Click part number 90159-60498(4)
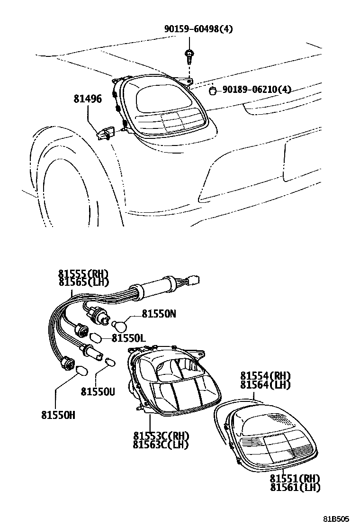coord(198,29)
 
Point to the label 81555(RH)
coord(84,274)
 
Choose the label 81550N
coord(159,314)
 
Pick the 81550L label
coord(128,338)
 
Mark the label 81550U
coord(97,391)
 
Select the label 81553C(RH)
coord(161,436)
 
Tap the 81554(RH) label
coord(265,375)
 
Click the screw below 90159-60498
coord(189,56)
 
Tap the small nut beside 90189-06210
coord(214,90)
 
